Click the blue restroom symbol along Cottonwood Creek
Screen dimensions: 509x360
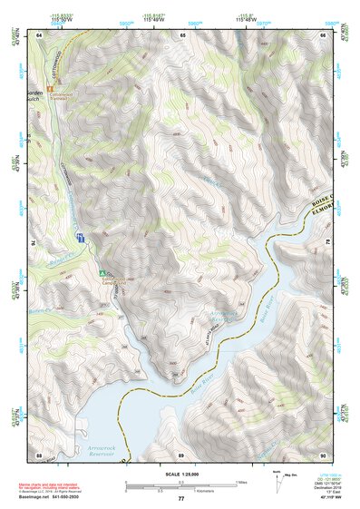81,238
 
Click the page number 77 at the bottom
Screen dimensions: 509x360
181,499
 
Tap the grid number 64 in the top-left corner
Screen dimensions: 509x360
39,34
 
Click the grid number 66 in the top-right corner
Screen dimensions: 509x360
324,34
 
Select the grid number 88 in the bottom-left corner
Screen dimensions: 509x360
39,454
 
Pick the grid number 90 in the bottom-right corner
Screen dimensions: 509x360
324,454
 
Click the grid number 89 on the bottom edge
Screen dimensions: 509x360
181,454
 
